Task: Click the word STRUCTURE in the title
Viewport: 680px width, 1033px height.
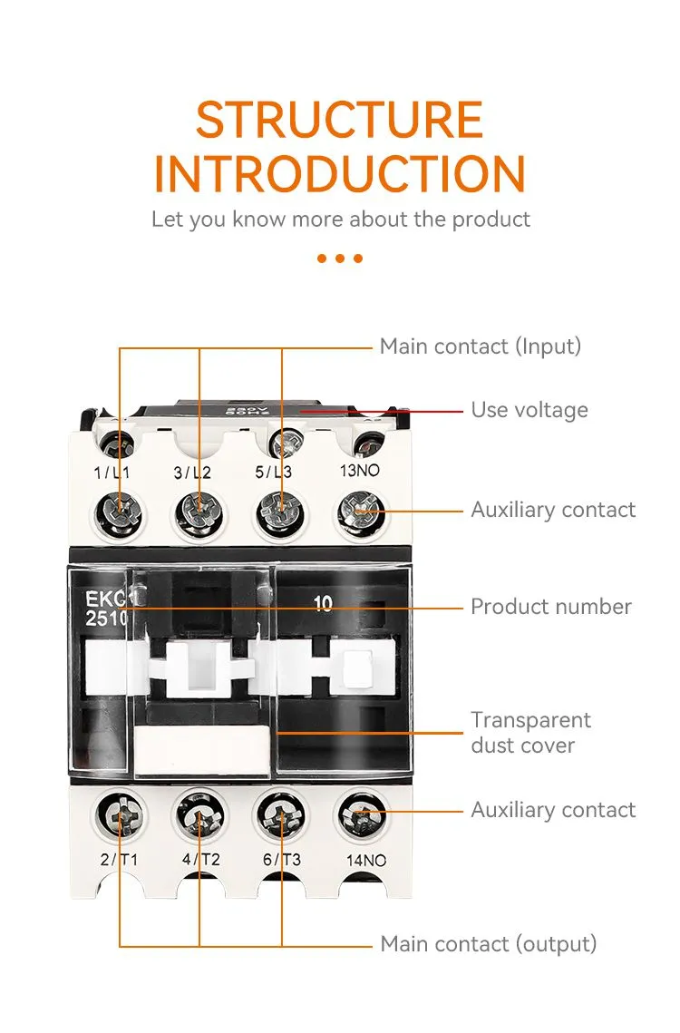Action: [339, 120]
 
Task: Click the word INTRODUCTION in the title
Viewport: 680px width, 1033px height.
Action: [339, 174]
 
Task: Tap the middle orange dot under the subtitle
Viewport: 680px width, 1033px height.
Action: [340, 258]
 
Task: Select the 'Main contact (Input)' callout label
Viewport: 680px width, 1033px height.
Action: [480, 346]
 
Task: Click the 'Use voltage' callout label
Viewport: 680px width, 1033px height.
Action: [529, 410]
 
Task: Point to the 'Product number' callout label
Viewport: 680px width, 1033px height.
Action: [550, 607]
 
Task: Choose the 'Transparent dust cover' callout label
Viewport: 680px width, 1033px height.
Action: [530, 733]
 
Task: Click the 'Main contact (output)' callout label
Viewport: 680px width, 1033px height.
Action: [488, 944]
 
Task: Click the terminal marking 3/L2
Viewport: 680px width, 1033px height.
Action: [192, 473]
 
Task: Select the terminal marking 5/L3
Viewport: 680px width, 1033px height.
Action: [273, 473]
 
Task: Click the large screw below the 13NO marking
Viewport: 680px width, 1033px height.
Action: [360, 512]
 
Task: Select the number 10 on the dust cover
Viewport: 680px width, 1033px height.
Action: [323, 604]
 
